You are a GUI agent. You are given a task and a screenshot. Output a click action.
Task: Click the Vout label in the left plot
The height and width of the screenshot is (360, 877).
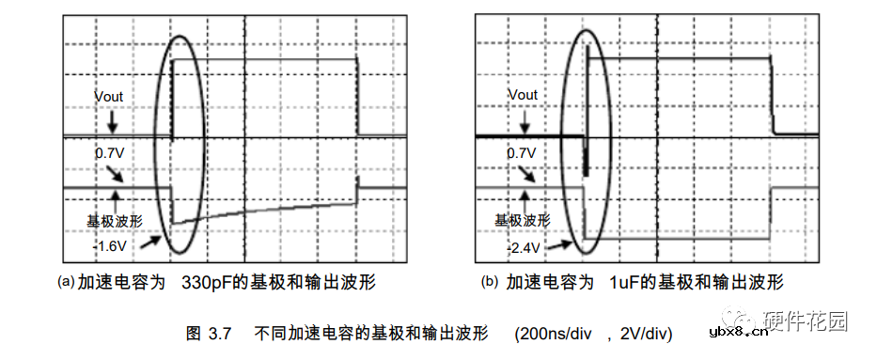click(108, 96)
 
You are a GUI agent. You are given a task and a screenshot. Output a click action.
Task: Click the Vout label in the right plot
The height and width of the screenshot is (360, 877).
click(523, 95)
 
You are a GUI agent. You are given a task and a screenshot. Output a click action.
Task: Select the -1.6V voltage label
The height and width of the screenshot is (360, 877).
click(110, 246)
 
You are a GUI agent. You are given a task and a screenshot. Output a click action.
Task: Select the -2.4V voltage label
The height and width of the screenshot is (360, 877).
click(524, 248)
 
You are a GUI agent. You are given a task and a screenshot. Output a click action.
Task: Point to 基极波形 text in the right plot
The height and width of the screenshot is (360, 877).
click(524, 221)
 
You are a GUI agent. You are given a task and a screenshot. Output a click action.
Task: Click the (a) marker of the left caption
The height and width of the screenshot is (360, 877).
click(66, 281)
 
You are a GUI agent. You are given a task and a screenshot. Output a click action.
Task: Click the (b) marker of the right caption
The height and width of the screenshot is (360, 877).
click(489, 281)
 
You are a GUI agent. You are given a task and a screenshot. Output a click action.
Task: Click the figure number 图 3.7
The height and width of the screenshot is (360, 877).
click(209, 333)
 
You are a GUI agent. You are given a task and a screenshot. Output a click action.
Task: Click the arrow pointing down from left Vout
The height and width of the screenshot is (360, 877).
click(111, 121)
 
